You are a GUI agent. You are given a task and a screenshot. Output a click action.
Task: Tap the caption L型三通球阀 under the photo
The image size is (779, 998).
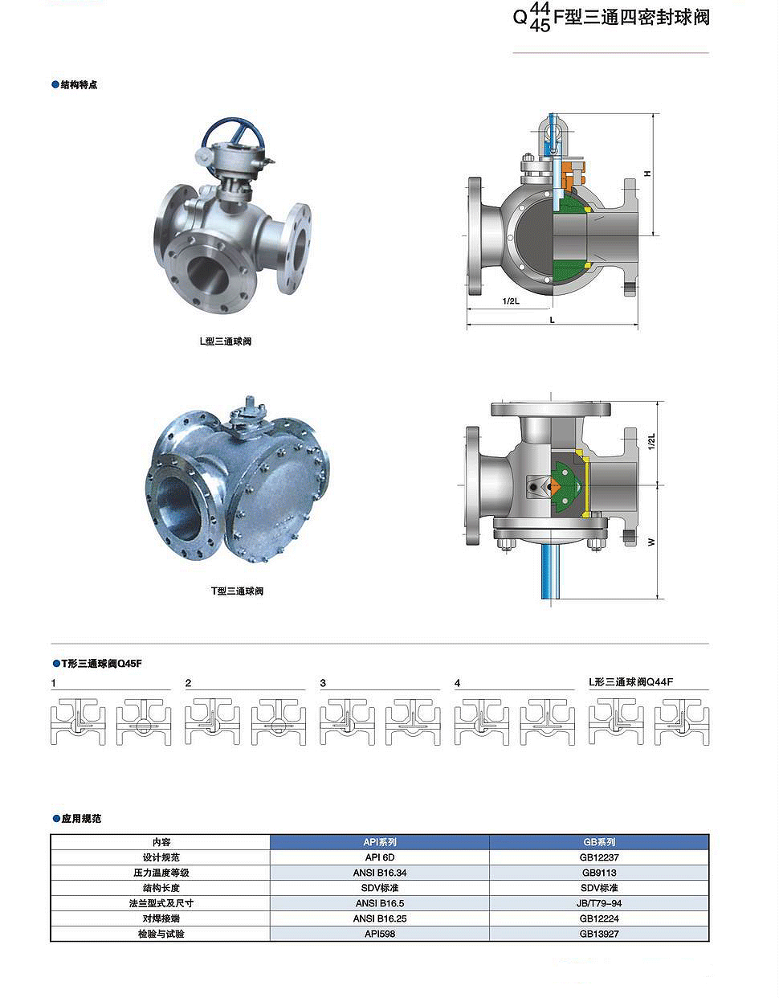coord(226,342)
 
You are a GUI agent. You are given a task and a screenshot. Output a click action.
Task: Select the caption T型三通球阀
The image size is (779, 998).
coord(238,591)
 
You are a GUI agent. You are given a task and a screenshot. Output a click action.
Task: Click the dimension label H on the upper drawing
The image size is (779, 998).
coord(647,174)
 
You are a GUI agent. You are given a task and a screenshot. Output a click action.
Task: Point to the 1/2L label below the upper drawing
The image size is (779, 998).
coord(511,301)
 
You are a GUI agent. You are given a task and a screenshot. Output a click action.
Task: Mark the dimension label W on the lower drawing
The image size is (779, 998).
coord(651,542)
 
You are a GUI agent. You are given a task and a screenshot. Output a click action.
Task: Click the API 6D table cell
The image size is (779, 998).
coord(380,857)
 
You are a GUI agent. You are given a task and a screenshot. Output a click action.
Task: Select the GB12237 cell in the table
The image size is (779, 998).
coord(599,857)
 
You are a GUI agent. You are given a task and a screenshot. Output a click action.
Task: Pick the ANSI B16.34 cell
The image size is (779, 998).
coord(380,873)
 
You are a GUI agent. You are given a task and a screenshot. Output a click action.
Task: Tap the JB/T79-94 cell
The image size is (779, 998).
coord(599,903)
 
